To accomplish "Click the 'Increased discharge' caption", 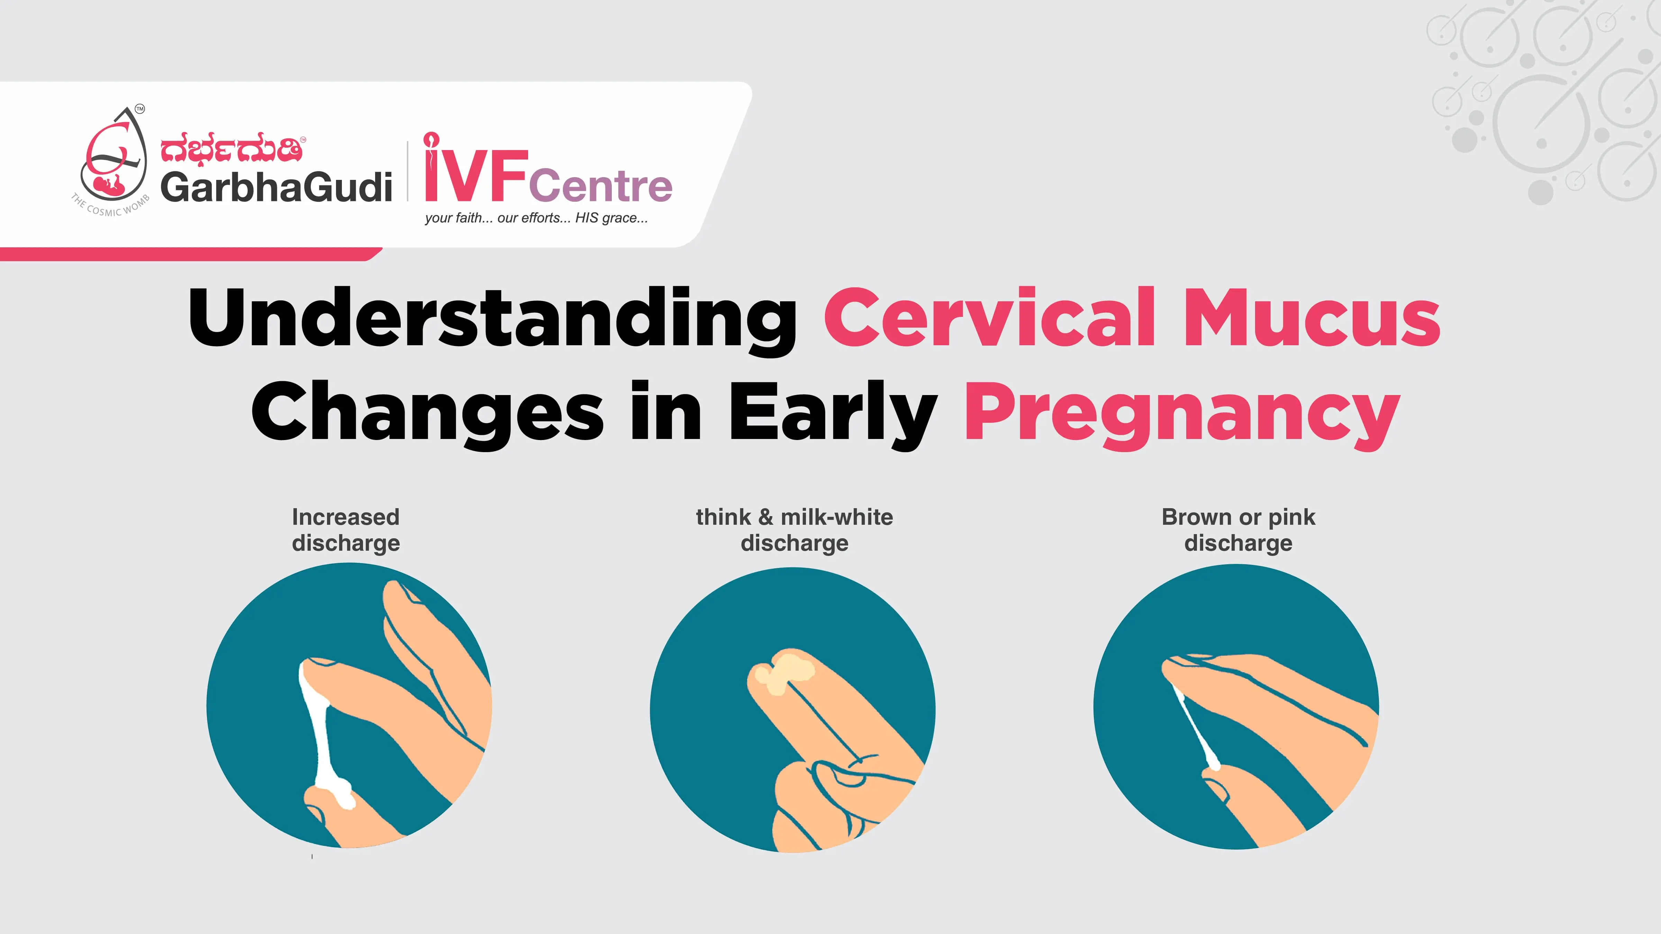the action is coord(346,530).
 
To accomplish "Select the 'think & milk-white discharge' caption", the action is coord(795,530).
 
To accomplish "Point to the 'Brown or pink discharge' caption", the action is coord(1238,530).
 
